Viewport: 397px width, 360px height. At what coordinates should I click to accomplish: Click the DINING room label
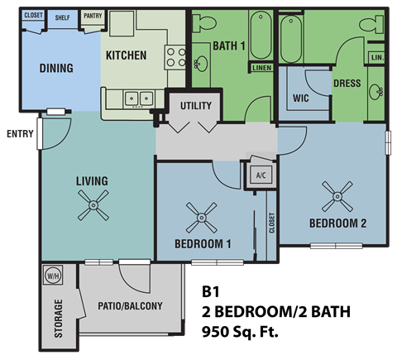(56, 69)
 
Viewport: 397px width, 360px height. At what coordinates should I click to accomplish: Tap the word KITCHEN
(126, 55)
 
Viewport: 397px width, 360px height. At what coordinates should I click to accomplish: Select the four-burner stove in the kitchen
(176, 56)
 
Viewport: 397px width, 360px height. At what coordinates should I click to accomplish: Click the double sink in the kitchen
(138, 98)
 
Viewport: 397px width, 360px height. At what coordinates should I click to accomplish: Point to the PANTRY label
(93, 16)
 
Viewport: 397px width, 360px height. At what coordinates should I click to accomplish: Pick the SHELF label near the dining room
(62, 17)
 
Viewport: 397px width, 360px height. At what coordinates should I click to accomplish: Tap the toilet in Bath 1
(207, 22)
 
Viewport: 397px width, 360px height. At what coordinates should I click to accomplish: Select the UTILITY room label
(195, 106)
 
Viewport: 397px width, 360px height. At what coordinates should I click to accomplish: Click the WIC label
(301, 98)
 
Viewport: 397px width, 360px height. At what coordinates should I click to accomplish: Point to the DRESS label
(346, 84)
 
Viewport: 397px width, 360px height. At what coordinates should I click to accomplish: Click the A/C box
(260, 175)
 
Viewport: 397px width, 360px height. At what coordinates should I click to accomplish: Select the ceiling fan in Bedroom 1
(202, 219)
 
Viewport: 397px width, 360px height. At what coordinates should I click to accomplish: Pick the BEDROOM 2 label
(337, 223)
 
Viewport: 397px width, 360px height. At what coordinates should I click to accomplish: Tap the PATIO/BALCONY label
(131, 306)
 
